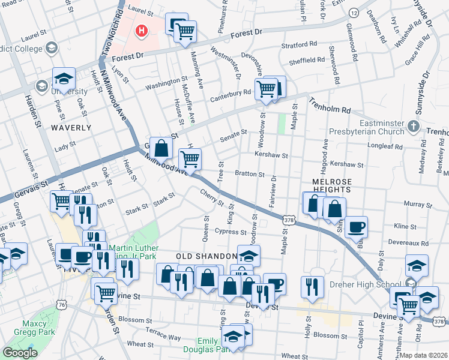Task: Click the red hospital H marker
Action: click(x=141, y=30)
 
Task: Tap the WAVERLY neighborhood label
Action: click(x=71, y=128)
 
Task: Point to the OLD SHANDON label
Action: click(x=202, y=256)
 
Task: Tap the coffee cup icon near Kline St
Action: click(x=356, y=227)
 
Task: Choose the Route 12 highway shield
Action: click(x=355, y=13)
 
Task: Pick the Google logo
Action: click(x=20, y=353)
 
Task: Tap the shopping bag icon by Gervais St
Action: click(x=161, y=147)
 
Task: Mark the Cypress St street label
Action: click(x=231, y=232)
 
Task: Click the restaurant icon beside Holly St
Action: click(x=312, y=286)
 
